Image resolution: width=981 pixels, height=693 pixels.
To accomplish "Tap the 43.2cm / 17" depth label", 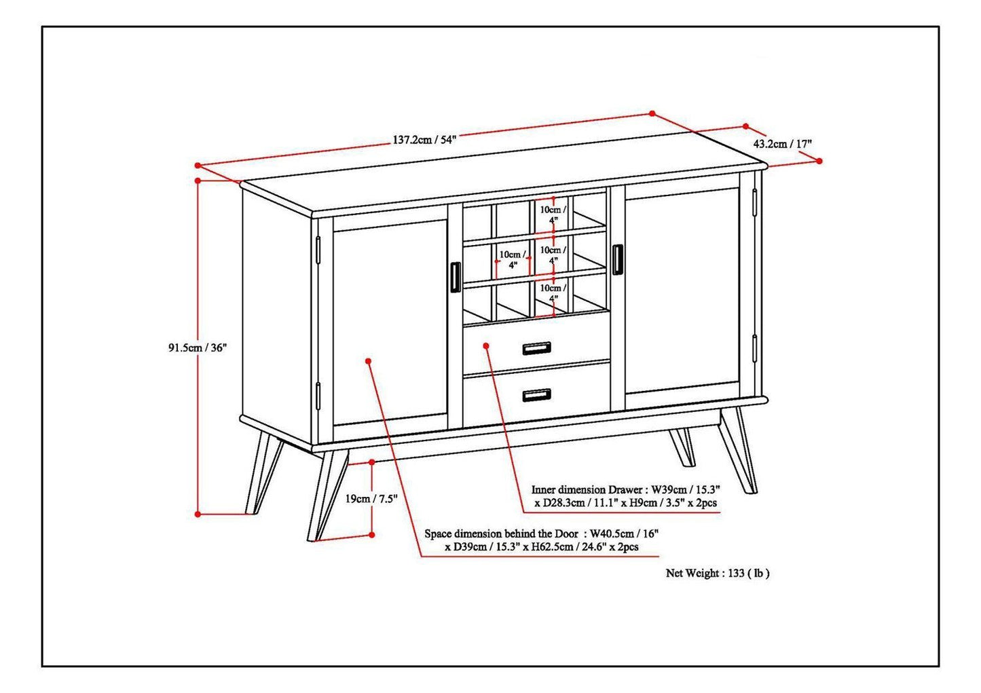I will [x=782, y=144].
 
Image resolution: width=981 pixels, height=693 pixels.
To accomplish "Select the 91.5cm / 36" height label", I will [x=197, y=348].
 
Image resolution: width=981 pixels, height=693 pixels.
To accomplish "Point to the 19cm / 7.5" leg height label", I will [x=371, y=499].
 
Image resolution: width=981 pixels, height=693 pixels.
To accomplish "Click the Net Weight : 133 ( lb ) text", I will [x=718, y=573].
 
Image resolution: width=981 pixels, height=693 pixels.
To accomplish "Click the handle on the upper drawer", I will [x=536, y=348].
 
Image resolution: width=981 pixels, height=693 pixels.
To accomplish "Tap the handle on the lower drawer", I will [x=536, y=395].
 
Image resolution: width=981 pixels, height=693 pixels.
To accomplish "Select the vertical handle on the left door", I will [x=454, y=278].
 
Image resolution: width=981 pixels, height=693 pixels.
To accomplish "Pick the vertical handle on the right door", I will [x=616, y=260].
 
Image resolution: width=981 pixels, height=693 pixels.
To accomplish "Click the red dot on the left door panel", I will [x=369, y=360].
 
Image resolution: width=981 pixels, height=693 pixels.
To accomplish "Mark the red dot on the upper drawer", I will [x=486, y=345].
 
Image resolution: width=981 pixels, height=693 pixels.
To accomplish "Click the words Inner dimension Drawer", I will [x=587, y=489].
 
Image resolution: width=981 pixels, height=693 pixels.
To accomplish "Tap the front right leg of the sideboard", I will [x=738, y=451].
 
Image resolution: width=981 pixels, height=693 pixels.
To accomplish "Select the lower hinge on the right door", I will [x=754, y=348].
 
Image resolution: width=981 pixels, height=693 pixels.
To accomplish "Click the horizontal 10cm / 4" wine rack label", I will [x=508, y=259].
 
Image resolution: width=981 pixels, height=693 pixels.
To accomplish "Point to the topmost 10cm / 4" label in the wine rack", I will [x=553, y=214].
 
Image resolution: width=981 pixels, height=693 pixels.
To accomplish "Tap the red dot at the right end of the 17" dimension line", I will [x=819, y=161].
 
